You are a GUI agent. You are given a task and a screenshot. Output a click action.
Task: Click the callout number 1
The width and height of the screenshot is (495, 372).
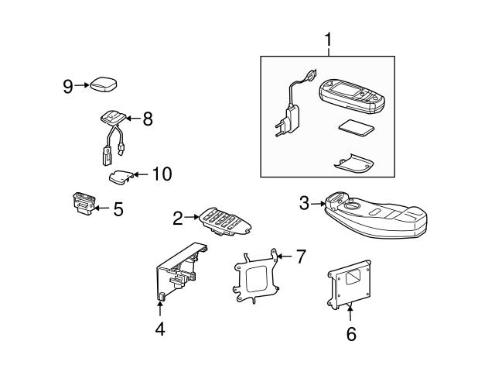coord(328,39)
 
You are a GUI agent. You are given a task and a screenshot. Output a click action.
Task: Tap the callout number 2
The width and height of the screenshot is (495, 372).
coord(177,219)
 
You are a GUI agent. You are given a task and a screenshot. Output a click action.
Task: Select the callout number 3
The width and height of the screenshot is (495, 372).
coord(304,203)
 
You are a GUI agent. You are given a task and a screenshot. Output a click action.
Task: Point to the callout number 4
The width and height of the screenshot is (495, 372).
coord(159,329)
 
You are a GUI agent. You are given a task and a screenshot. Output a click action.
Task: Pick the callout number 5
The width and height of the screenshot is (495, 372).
coord(118,208)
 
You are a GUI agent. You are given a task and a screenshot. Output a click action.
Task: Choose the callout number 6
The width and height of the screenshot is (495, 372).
coord(350,334)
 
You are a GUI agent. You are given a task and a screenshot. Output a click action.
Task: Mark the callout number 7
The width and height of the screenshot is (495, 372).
coord(301,254)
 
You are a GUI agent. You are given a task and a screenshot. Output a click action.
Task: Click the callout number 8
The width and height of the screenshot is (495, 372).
coord(147,119)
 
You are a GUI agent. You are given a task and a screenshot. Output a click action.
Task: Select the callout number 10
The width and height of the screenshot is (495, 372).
coord(161,174)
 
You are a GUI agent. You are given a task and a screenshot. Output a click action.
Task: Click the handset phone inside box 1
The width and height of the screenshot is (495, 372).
coord(353,96)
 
